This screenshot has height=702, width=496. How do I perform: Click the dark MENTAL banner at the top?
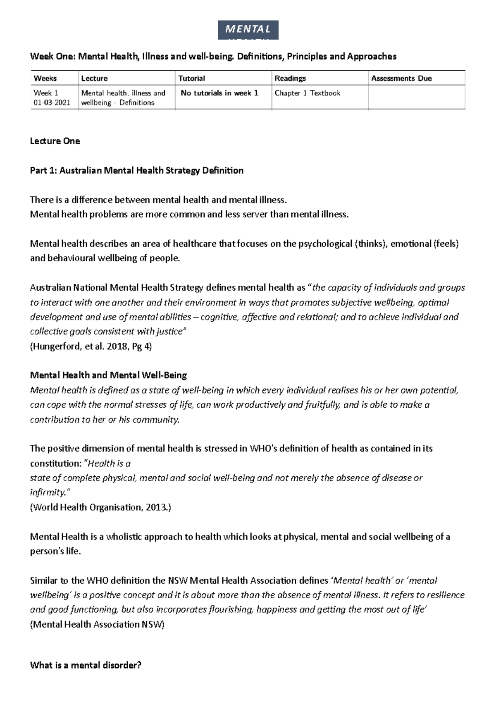248,30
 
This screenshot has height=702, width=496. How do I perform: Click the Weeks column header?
45,78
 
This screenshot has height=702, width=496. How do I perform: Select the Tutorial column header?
191,78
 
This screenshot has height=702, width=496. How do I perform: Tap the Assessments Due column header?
401,78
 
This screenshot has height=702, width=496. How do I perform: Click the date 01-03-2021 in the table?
52,103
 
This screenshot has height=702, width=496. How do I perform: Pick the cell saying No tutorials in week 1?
219,93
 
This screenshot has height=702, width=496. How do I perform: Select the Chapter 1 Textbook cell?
307,93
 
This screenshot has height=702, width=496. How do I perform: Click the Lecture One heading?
55,141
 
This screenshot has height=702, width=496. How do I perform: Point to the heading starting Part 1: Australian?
136,170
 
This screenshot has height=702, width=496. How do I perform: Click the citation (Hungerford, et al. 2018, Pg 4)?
91,346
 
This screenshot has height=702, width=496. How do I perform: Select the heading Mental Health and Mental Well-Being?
108,375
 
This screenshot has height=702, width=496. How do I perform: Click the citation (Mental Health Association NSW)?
97,624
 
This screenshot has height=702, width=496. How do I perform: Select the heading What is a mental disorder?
86,665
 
